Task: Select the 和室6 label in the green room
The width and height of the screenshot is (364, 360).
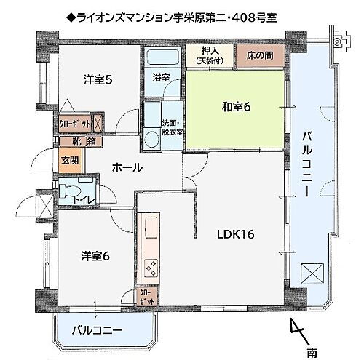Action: [x=237, y=108]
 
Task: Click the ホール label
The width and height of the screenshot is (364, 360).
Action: [x=127, y=168]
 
